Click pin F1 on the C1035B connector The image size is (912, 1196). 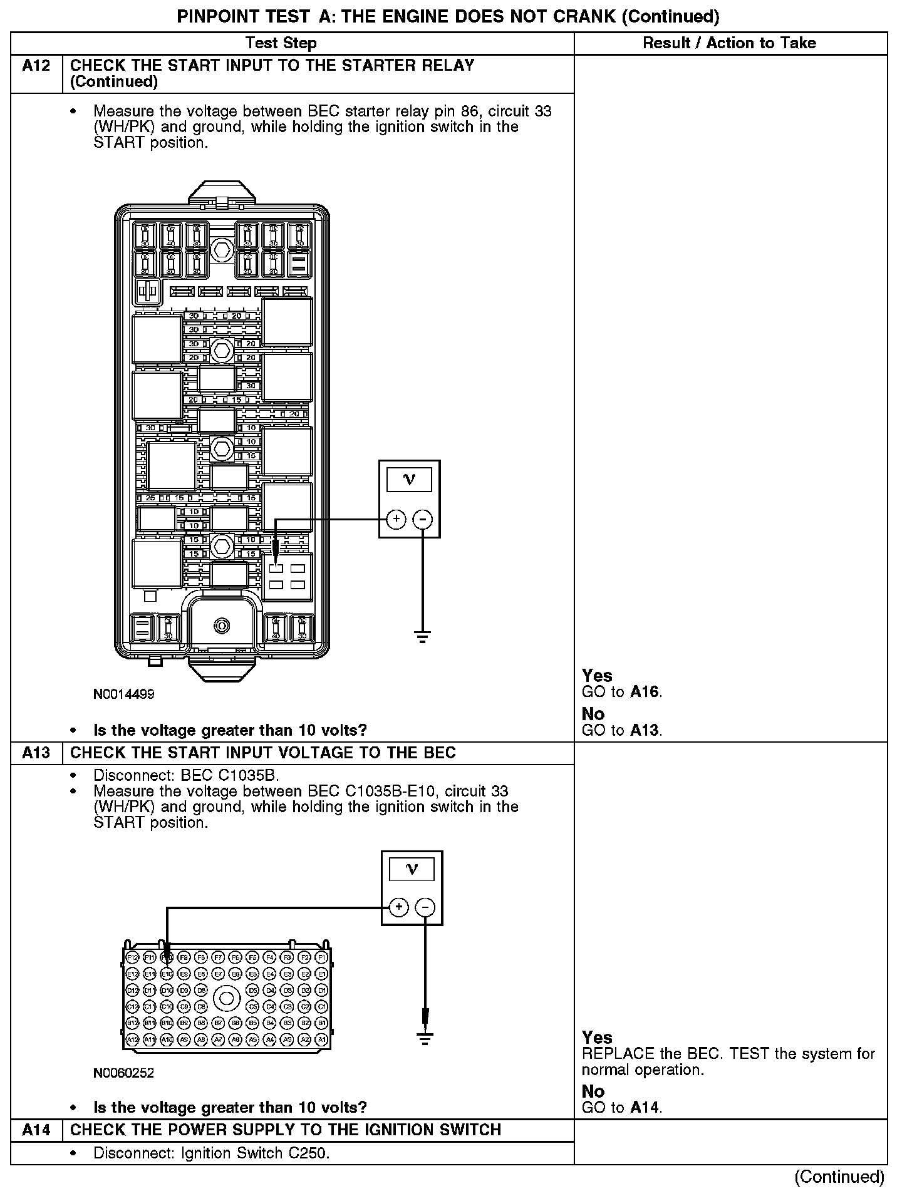(x=321, y=957)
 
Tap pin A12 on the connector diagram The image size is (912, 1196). (x=132, y=1039)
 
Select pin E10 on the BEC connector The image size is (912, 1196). (x=167, y=974)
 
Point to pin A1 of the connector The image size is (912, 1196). (x=321, y=1039)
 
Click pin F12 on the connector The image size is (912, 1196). (x=132, y=957)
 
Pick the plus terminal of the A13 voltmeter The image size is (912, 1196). (x=399, y=907)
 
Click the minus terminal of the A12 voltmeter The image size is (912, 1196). (x=423, y=519)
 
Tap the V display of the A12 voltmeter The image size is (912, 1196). (x=410, y=480)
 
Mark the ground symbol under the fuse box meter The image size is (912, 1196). (x=423, y=637)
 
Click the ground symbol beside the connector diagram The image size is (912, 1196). (x=425, y=1039)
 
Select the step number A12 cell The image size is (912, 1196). (x=36, y=66)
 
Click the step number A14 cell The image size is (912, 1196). (x=36, y=1130)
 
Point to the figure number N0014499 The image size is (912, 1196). (x=123, y=694)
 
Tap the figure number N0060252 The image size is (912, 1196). (x=123, y=1073)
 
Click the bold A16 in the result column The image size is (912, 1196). (x=645, y=692)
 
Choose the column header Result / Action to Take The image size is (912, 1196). (x=730, y=43)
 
